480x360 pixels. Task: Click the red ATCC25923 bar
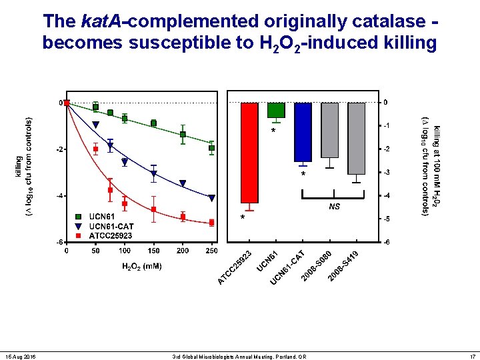(249, 153)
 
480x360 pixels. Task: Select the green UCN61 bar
(276, 110)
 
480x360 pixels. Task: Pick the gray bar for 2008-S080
(329, 130)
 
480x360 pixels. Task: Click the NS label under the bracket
(335, 207)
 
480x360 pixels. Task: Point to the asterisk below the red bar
(243, 219)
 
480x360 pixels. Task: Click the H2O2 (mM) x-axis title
(141, 267)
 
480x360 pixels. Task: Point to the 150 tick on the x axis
(153, 251)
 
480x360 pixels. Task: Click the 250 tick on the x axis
(212, 251)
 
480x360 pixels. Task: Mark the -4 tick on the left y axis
(59, 196)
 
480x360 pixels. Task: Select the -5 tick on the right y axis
(387, 219)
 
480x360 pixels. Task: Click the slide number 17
(472, 357)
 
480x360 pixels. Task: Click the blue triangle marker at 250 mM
(212, 198)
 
